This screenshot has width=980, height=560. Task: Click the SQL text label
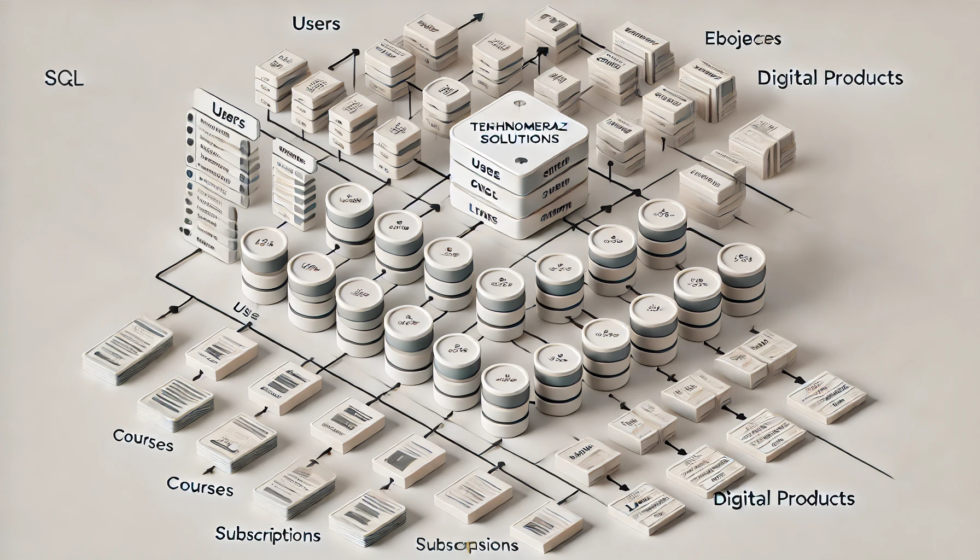tap(63, 79)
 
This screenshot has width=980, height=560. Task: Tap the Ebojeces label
tap(742, 39)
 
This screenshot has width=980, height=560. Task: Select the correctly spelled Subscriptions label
tap(268, 534)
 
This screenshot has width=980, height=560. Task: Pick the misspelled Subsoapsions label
tap(466, 545)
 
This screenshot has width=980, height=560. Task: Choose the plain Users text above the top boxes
tap(316, 24)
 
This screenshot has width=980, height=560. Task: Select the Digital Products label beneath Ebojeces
tap(830, 78)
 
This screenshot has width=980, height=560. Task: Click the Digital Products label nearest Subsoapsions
tap(784, 498)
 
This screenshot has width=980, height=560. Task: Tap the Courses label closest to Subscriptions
tap(200, 486)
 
